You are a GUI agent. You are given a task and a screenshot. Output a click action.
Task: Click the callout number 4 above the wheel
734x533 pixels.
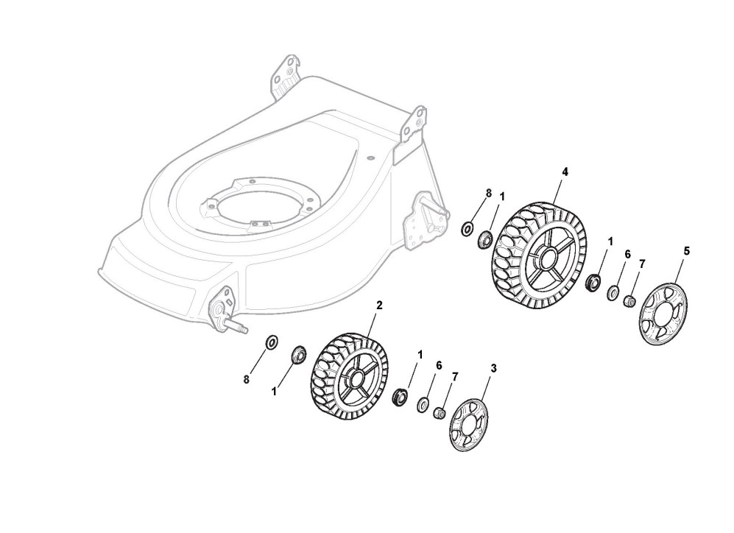(565, 172)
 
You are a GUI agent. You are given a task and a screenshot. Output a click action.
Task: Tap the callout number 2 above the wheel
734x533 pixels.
(379, 304)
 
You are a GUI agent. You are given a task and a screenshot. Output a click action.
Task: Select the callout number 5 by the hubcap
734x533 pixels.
(687, 251)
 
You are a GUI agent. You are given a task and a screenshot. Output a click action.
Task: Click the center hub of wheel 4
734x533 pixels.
(546, 258)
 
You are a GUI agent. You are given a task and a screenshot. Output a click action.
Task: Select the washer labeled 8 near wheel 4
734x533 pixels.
(467, 228)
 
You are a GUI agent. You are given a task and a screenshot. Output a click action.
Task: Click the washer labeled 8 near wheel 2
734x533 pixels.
(271, 342)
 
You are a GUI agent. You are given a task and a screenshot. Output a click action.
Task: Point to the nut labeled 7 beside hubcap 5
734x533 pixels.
(630, 301)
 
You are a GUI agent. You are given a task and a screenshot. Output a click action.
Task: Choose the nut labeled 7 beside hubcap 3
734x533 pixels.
(440, 412)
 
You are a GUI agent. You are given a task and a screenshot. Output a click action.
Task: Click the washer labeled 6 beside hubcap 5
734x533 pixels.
(613, 293)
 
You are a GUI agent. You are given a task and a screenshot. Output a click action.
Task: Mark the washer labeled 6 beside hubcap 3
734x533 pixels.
(423, 404)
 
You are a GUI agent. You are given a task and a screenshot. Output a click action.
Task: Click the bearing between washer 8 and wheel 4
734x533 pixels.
(486, 239)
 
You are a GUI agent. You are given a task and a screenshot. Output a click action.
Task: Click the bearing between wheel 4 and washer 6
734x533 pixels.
(591, 282)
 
